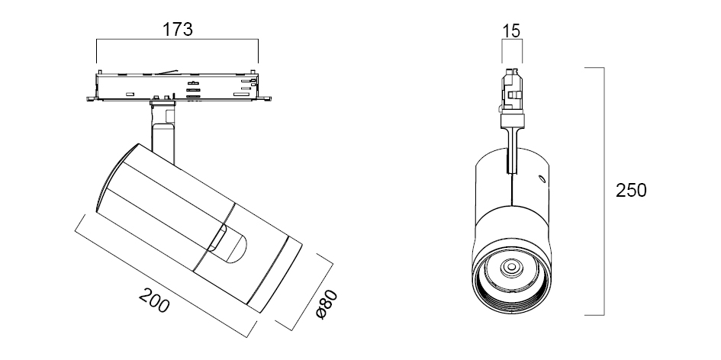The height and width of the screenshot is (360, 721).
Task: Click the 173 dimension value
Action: click(177, 30)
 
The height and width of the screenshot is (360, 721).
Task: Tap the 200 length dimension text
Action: click(155, 303)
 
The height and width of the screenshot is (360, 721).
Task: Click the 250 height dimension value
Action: click(631, 190)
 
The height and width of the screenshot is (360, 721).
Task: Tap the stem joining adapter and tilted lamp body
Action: click(163, 133)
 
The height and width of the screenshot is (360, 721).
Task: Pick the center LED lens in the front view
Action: click(510, 268)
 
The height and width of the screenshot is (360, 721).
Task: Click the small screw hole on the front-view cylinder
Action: click(541, 180)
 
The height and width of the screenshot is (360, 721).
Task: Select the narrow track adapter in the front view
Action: click(512, 92)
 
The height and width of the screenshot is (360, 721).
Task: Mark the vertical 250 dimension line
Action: click(604, 191)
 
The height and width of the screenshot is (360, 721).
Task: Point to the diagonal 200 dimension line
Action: click(163, 275)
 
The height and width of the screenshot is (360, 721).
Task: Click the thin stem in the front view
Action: click(512, 149)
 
